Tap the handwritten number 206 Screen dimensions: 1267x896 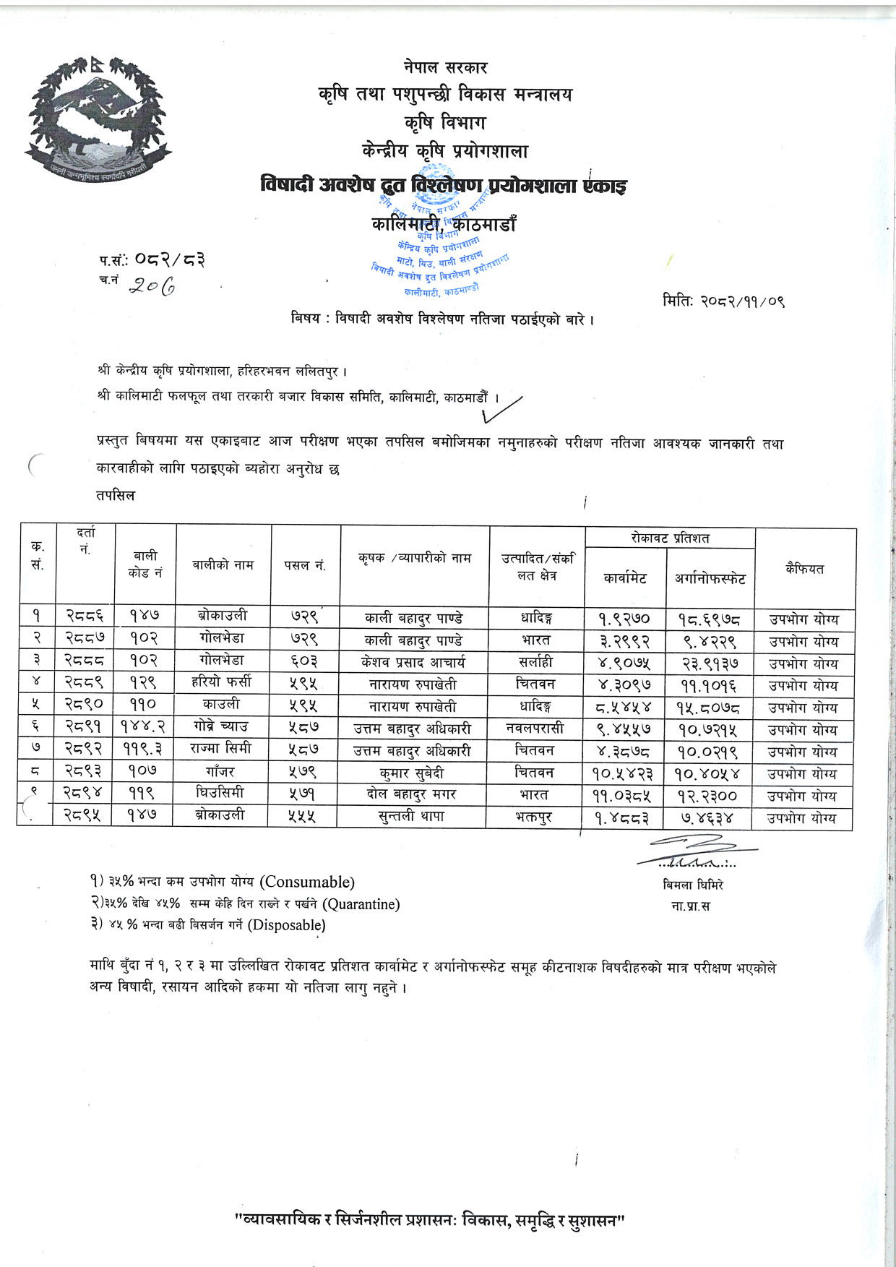click(x=152, y=287)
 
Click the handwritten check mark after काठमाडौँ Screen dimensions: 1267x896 click(x=510, y=408)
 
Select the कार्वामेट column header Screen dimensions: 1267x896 click(x=625, y=577)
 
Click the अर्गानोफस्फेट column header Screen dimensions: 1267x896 click(x=710, y=577)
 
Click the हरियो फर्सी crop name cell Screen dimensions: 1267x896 click(x=223, y=683)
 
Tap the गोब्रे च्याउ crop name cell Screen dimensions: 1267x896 click(x=223, y=727)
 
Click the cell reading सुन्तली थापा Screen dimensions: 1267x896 click(x=414, y=816)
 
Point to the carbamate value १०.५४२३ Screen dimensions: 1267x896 click(x=625, y=773)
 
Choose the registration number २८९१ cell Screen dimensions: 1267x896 click(x=85, y=727)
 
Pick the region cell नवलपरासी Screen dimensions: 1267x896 click(x=535, y=727)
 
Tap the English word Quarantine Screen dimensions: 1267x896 click(x=361, y=903)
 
